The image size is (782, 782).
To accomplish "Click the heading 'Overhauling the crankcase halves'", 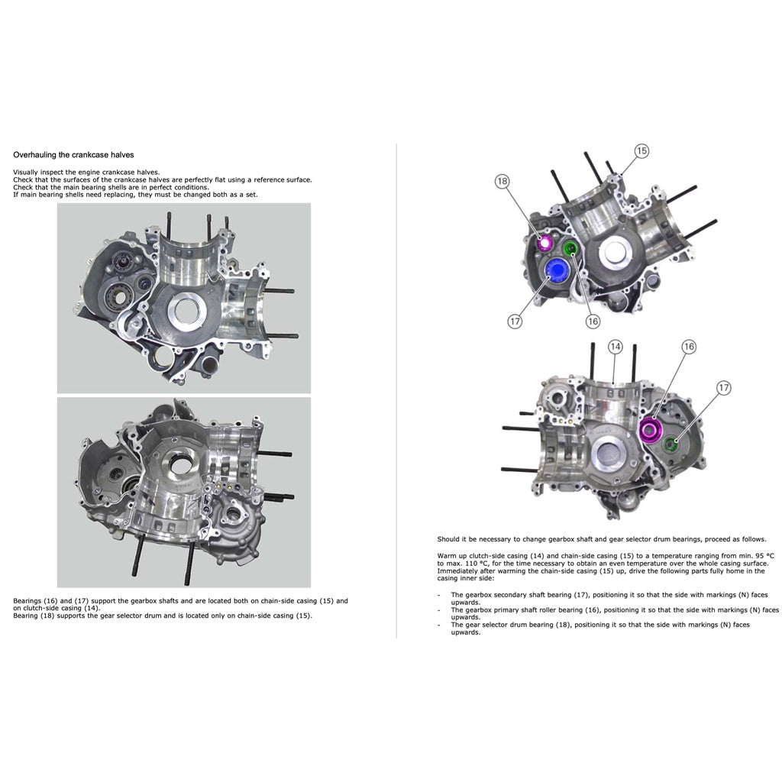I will coord(73,154).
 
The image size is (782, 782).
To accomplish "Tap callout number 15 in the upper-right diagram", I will coord(641,151).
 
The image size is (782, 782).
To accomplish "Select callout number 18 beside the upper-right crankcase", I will coord(502,181).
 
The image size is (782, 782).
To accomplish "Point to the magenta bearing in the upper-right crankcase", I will coord(544,244).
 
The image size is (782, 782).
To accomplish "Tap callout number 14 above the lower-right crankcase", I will coord(616,347).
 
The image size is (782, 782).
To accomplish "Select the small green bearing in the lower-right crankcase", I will coord(672,445).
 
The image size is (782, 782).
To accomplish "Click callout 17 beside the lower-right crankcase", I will coord(724,388).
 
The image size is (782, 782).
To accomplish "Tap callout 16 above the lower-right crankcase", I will coord(689,347).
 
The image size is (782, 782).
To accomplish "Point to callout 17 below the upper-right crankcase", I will coord(515,322).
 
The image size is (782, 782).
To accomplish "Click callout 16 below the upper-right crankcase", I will coord(593,322).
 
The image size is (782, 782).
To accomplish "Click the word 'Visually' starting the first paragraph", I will coord(24,172).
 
